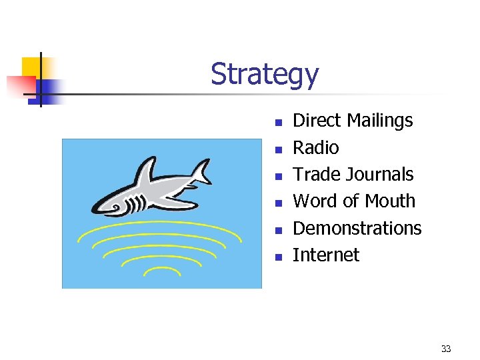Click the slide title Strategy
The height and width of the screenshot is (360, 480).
[x=265, y=75]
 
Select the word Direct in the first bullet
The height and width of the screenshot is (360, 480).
[x=315, y=121]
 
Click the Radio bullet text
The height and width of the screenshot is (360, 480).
[x=316, y=147]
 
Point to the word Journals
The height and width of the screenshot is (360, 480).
[x=382, y=175]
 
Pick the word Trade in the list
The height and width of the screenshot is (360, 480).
[x=317, y=175]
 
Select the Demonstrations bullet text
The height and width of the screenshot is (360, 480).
[x=357, y=228]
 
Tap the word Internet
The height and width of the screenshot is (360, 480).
[x=326, y=255]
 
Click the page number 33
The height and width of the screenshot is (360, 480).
[x=446, y=349]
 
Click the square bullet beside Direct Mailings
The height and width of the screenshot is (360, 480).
[x=279, y=122]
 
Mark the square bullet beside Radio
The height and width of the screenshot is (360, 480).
[x=279, y=149]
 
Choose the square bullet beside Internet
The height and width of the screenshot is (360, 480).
[x=279, y=256]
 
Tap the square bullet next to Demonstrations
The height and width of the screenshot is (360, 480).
[x=279, y=229]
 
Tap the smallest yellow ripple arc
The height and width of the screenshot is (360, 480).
[x=162, y=270]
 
